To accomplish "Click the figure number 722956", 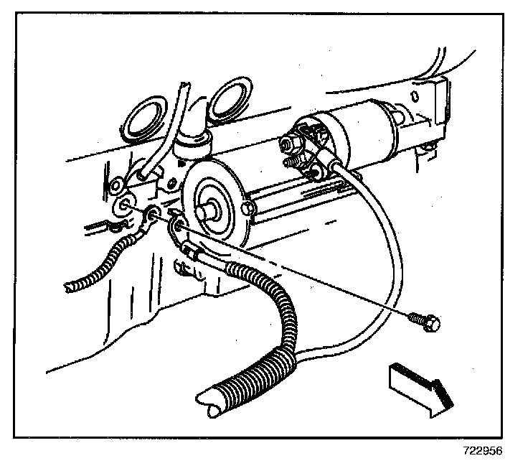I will (481, 452).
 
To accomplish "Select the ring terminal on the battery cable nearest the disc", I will (176, 228).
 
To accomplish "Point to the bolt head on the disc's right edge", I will (248, 208).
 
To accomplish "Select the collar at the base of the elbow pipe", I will (191, 147).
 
